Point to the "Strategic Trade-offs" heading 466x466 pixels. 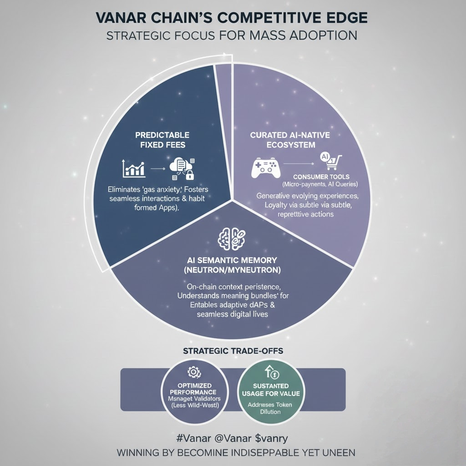[x=233, y=351]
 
